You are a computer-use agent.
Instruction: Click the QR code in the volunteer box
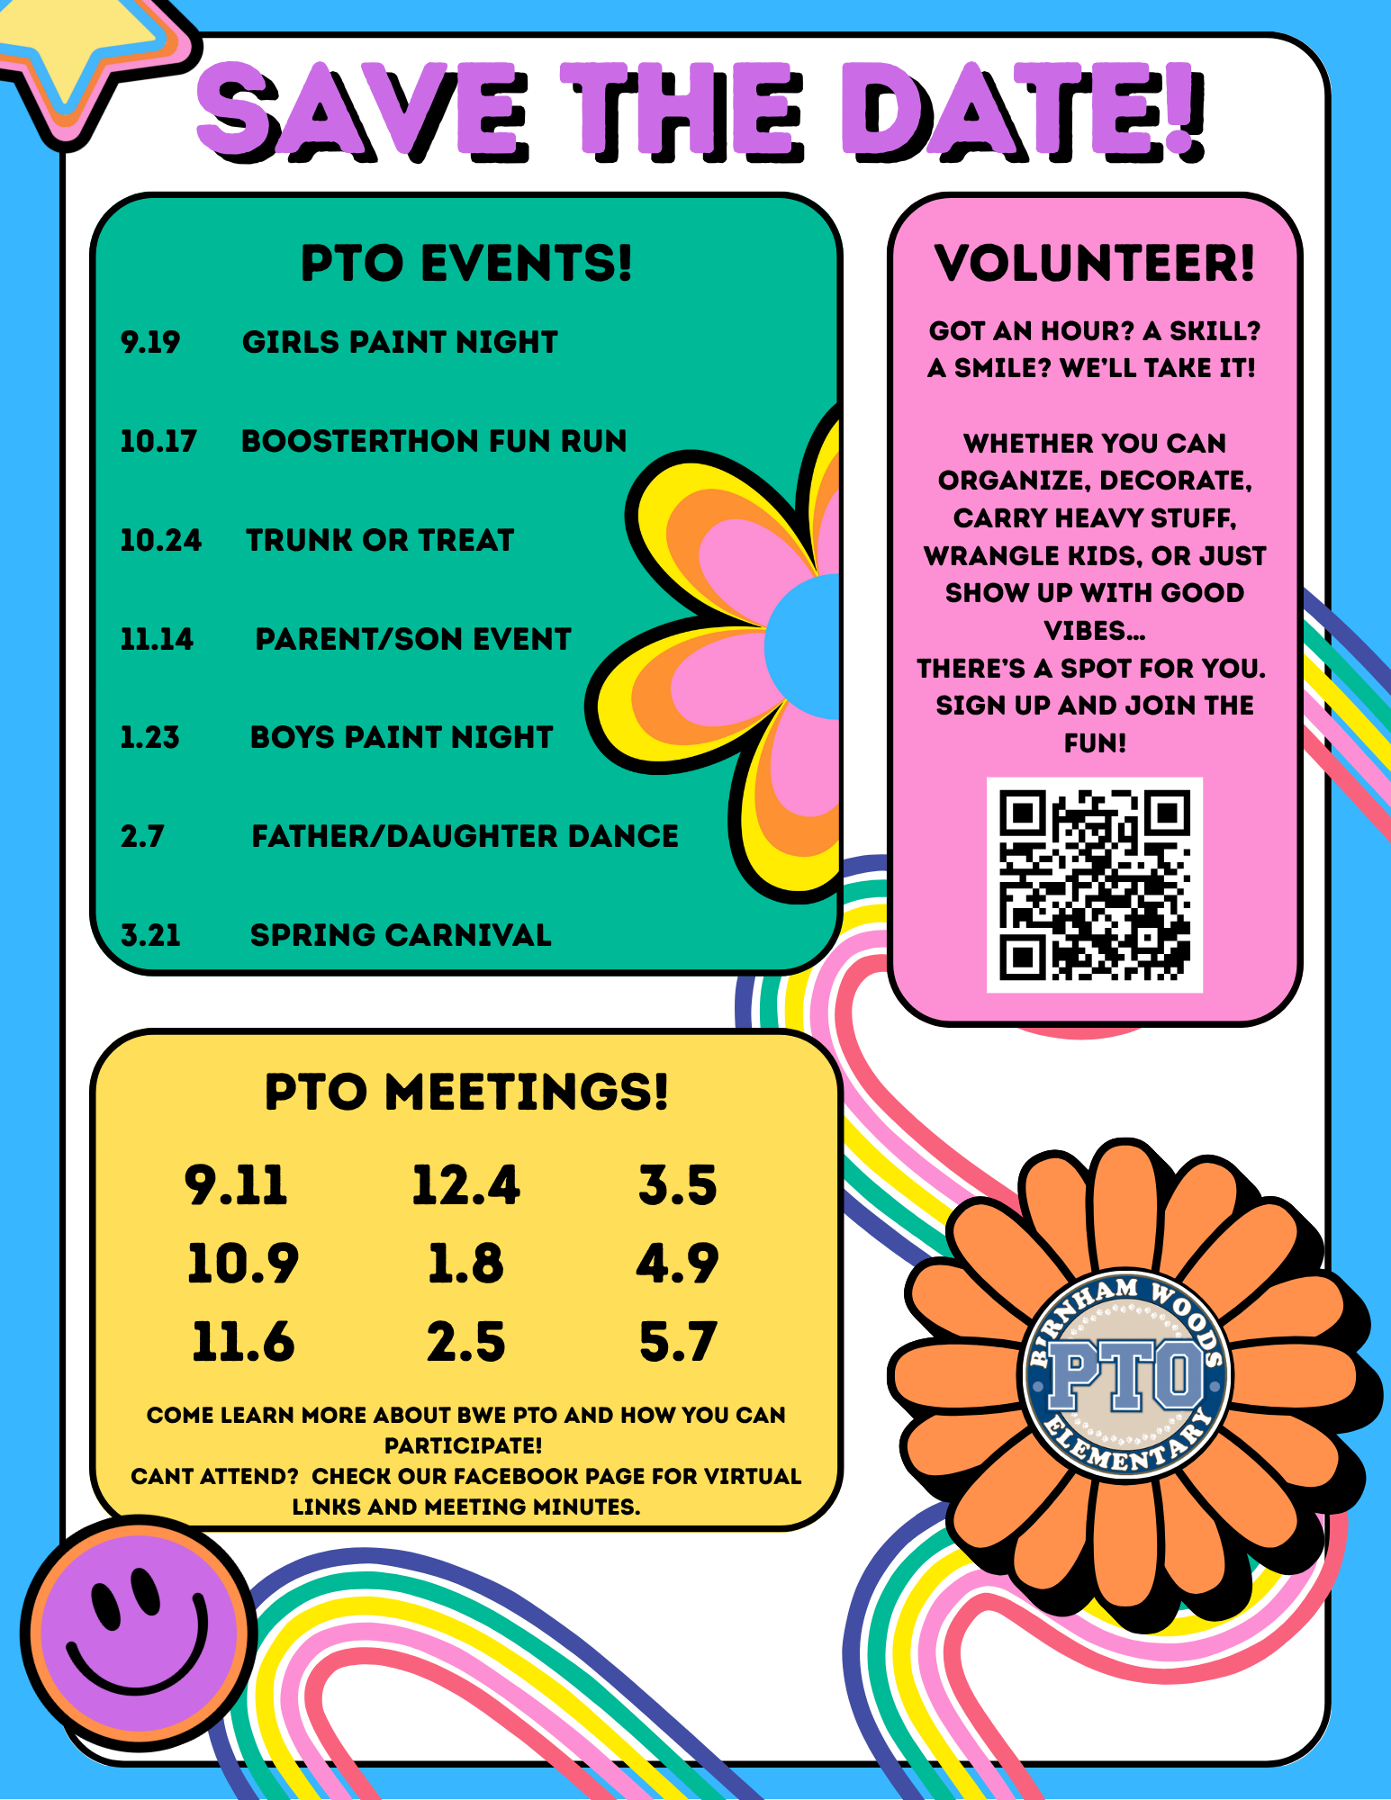pyautogui.click(x=1094, y=885)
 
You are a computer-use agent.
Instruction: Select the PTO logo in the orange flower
pyautogui.click(x=1125, y=1375)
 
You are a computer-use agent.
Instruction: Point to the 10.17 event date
pyautogui.click(x=158, y=441)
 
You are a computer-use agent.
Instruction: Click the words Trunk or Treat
pyautogui.click(x=380, y=540)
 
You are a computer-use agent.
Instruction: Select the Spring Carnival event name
pyautogui.click(x=401, y=935)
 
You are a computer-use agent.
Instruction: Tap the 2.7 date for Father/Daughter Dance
pyautogui.click(x=142, y=836)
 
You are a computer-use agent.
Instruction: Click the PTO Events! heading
pyautogui.click(x=466, y=263)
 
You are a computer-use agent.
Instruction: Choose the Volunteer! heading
pyautogui.click(x=1094, y=263)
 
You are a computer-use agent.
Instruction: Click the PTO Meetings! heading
pyautogui.click(x=466, y=1092)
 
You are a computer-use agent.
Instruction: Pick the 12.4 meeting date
pyautogui.click(x=465, y=1184)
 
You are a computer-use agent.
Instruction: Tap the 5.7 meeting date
pyautogui.click(x=677, y=1342)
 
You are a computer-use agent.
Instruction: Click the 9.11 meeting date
pyautogui.click(x=236, y=1184)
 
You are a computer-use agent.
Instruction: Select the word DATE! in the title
pyautogui.click(x=1022, y=112)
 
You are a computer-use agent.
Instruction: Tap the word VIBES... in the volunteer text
pyautogui.click(x=1094, y=630)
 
